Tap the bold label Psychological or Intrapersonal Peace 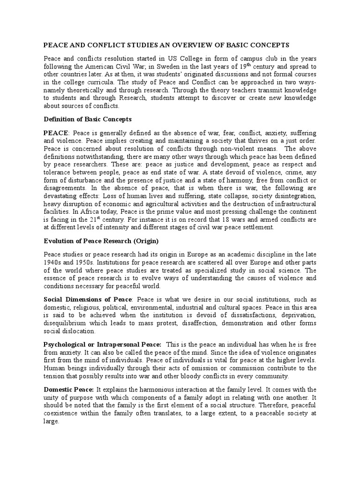click(102, 345)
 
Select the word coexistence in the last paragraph click(62, 413)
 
